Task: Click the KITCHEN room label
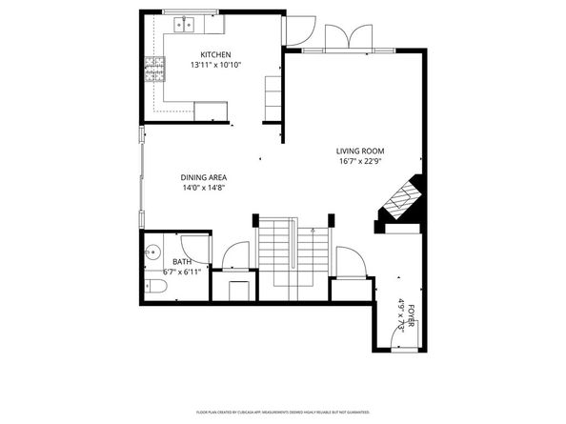(214, 54)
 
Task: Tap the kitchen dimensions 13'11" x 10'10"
(214, 66)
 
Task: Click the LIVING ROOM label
(360, 151)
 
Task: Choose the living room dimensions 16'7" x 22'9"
(360, 162)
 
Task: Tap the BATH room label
(181, 262)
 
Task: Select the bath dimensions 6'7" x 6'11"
(181, 273)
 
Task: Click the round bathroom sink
(153, 253)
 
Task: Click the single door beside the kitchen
(299, 30)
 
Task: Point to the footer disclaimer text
(282, 412)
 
